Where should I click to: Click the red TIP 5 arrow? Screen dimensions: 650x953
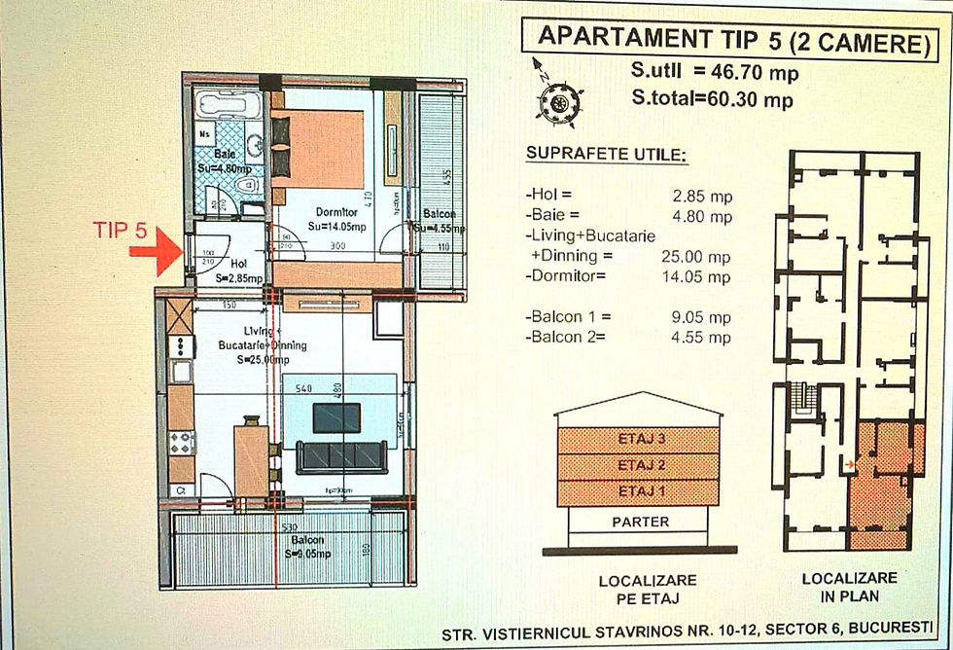[x=154, y=258]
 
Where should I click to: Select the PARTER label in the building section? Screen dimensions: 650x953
[x=640, y=522]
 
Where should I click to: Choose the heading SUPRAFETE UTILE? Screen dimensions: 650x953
[x=592, y=155]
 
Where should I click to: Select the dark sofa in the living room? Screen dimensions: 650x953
[x=341, y=457]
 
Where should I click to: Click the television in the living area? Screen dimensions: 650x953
[x=336, y=416]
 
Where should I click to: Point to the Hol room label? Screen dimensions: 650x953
[x=238, y=263]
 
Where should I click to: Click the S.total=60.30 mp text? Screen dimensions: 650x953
[x=711, y=99]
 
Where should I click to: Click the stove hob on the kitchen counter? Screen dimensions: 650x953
[x=182, y=443]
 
